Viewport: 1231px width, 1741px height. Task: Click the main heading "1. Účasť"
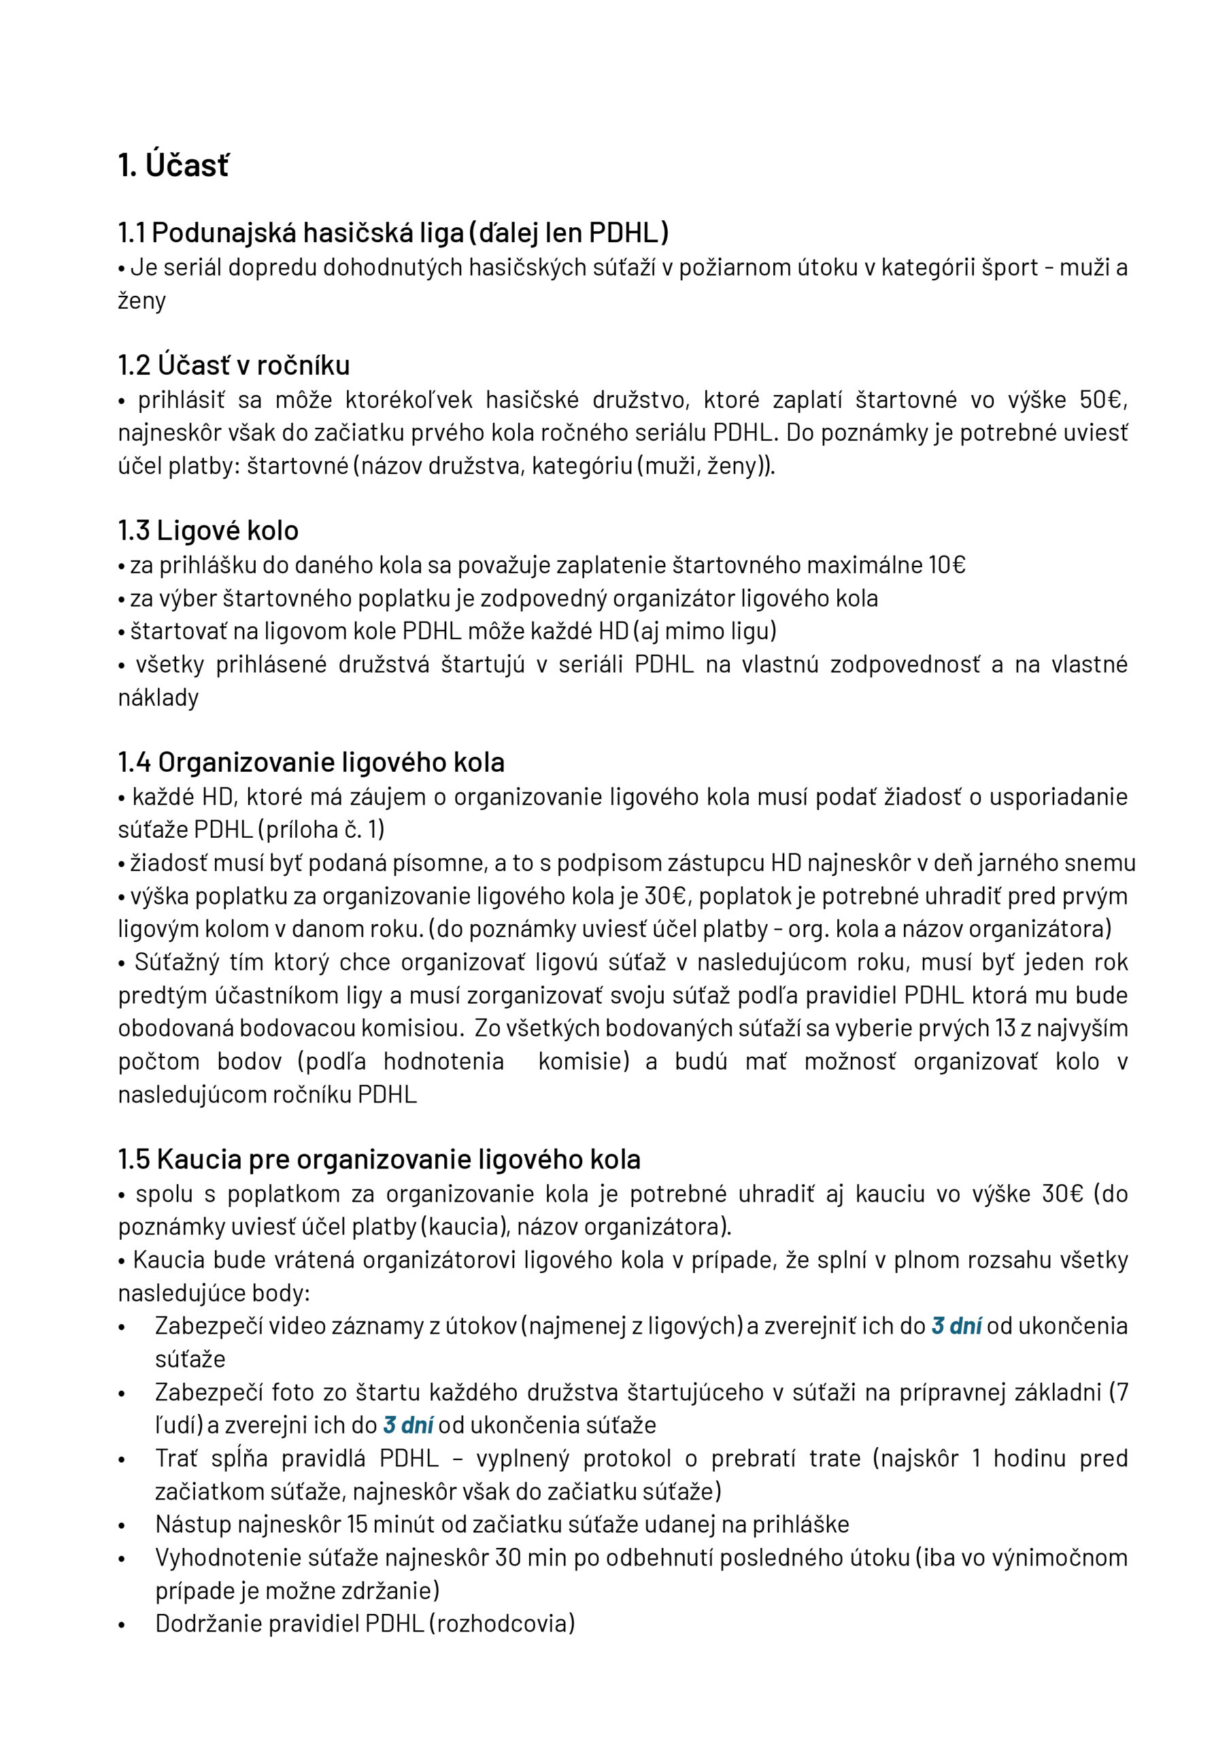[x=173, y=165]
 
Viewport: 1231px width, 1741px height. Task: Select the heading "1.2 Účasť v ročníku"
[x=233, y=365]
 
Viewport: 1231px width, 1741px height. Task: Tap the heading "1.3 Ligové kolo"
[x=208, y=530]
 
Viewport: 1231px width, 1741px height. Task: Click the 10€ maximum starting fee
[x=947, y=565]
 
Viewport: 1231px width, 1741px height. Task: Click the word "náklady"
[x=158, y=698]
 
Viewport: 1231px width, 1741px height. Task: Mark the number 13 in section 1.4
[x=1006, y=1028]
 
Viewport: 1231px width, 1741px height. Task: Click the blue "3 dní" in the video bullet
[x=956, y=1326]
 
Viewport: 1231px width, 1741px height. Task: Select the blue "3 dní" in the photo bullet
[x=408, y=1425]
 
